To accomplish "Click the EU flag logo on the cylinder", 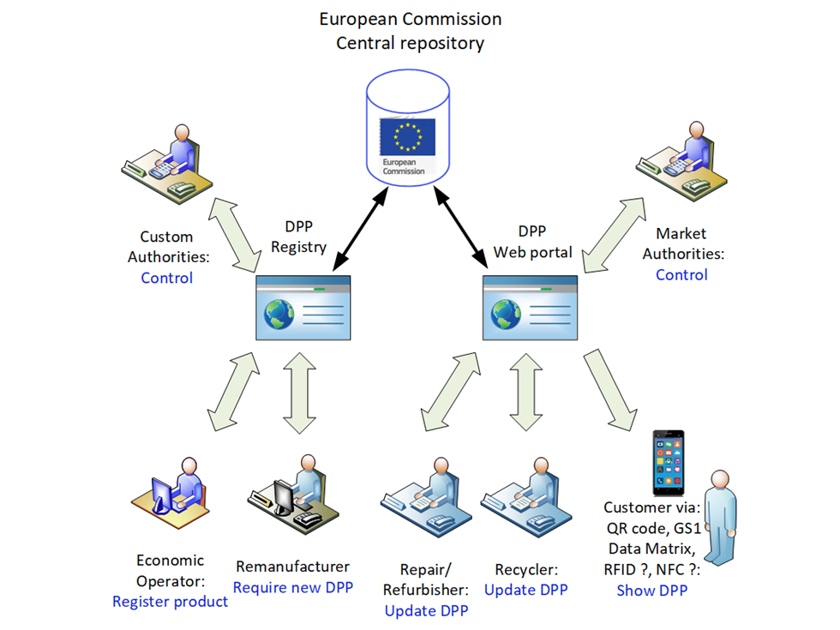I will pos(408,137).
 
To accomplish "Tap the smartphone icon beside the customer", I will pos(668,463).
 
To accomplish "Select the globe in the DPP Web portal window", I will pos(506,315).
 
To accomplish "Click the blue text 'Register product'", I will pos(170,602).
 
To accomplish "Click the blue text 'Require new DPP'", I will pos(292,588).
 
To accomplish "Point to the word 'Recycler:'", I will pos(526,569).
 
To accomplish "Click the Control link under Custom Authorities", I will pos(166,278).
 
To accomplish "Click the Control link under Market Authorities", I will pos(681,275).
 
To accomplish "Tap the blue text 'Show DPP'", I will pos(651,590).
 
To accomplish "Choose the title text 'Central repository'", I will pos(410,43).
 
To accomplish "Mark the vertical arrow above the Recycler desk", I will pos(526,394).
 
